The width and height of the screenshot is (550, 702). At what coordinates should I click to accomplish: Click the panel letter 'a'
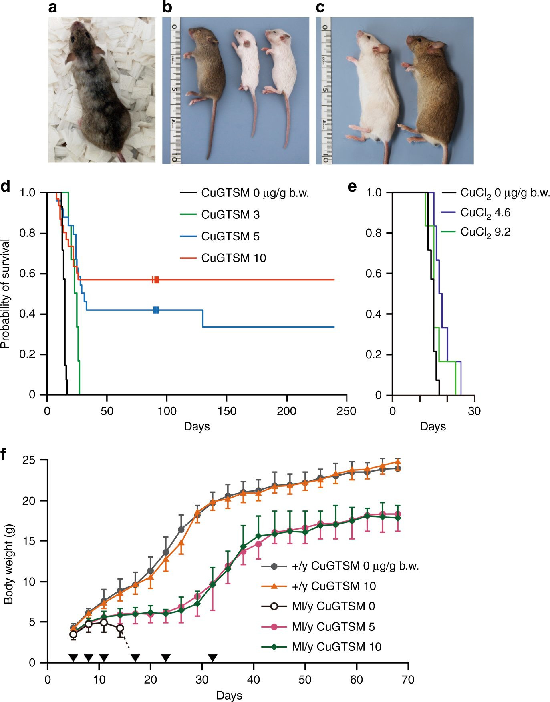[x=52, y=8]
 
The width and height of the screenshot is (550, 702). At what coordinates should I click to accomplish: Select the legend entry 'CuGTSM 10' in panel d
[x=234, y=258]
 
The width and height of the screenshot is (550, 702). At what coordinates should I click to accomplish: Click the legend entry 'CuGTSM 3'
[x=230, y=215]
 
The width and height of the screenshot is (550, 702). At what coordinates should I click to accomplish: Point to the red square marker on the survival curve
[x=156, y=280]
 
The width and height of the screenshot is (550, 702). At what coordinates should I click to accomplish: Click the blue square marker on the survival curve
[x=156, y=310]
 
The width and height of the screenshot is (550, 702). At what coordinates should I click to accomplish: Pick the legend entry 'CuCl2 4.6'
[x=485, y=213]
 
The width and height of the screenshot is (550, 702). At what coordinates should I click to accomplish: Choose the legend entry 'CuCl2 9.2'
[x=485, y=232]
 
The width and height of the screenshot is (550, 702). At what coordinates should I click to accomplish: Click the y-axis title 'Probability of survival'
[x=6, y=294]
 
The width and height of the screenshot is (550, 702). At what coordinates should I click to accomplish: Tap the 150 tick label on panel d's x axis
[x=227, y=411]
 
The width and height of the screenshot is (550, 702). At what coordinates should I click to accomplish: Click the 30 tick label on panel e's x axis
[x=474, y=411]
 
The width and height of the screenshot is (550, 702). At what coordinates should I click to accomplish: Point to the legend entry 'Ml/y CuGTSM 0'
[x=333, y=606]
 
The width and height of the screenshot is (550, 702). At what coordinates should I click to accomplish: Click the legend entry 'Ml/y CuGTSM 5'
[x=333, y=627]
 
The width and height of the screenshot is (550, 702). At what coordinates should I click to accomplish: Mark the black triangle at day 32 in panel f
[x=213, y=658]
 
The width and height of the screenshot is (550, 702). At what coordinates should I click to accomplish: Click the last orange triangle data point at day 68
[x=398, y=462]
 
